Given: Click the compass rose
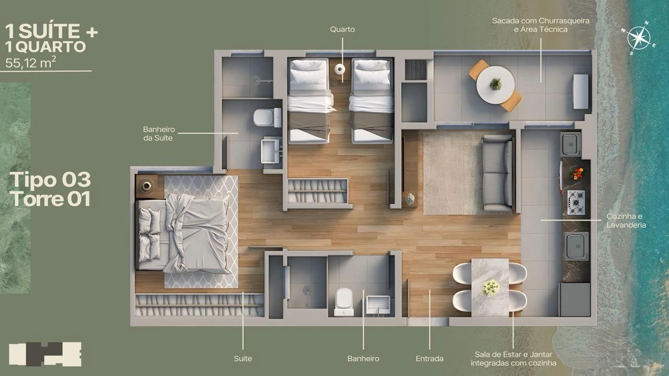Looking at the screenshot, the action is [638, 38].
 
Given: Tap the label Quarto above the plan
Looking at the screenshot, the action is [342, 29].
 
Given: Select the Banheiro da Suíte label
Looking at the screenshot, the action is [158, 133].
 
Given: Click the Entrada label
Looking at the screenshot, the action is [430, 358].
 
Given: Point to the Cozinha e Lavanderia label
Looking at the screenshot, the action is [626, 220].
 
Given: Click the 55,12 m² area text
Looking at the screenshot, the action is [30, 63].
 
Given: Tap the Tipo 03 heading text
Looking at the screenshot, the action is [50, 180].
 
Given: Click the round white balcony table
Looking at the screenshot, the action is [495, 85].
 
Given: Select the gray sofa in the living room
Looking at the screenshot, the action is [498, 173].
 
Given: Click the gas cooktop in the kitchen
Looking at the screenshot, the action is [576, 203].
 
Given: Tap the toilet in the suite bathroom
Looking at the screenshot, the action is [267, 118].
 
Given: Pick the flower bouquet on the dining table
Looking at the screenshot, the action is [491, 287].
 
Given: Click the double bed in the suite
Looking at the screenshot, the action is [183, 234].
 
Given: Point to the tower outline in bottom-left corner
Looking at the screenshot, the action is [45, 354].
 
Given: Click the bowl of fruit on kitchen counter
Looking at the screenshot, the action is [576, 174].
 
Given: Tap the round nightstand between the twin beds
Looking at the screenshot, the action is [340, 69].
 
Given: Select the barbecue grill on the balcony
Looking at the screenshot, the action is [581, 91].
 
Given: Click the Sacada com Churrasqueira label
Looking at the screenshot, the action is [540, 25].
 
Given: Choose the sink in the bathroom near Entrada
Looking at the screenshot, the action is [378, 304].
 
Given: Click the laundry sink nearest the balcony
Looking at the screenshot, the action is [570, 144].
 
